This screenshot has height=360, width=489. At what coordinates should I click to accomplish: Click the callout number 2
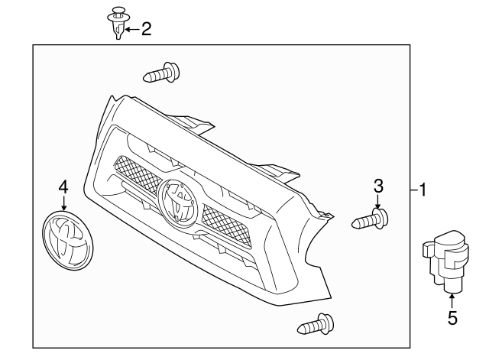(x=145, y=29)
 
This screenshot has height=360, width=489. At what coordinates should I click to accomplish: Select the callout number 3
(x=378, y=185)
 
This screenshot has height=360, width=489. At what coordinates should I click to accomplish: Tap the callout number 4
(x=64, y=186)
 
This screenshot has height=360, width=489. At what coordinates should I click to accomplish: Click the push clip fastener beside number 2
(x=117, y=21)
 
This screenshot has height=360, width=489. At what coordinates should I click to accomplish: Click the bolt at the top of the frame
(x=163, y=74)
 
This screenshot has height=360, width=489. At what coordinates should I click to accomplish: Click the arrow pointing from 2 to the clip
(x=130, y=29)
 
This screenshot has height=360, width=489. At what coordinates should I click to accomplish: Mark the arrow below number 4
(x=64, y=203)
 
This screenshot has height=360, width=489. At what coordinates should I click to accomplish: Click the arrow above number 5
(x=452, y=302)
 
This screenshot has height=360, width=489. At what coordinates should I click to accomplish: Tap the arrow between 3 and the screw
(x=378, y=200)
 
